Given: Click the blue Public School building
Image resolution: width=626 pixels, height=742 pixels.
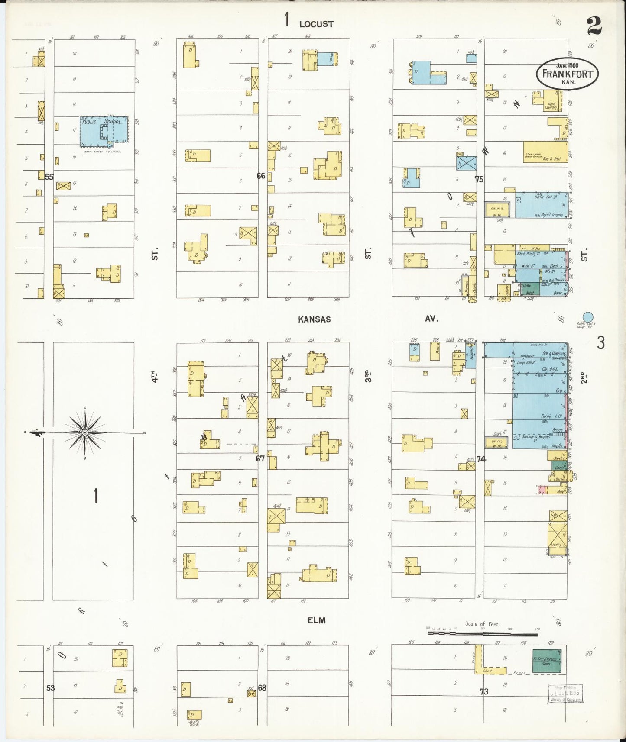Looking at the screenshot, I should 104,130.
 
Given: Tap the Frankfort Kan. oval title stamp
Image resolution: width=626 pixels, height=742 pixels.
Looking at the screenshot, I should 568,74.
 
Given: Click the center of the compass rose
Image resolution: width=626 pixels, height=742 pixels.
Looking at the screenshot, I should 85,432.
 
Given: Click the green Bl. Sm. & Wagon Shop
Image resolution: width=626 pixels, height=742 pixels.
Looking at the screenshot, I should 546,661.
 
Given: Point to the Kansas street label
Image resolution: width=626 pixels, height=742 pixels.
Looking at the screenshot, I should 314,319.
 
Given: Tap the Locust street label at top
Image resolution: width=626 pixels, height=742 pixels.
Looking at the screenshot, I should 316,24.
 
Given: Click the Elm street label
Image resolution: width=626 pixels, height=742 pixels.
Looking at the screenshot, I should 316,620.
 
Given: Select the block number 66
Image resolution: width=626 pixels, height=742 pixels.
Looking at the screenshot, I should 261,176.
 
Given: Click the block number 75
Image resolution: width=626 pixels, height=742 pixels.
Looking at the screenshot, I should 479,179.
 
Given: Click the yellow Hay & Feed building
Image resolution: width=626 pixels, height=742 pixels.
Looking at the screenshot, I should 545,152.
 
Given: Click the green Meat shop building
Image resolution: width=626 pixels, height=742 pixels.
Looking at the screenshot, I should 530,289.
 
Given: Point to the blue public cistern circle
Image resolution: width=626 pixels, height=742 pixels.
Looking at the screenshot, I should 588,318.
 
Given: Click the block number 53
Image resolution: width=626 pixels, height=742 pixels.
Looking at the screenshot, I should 50,688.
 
